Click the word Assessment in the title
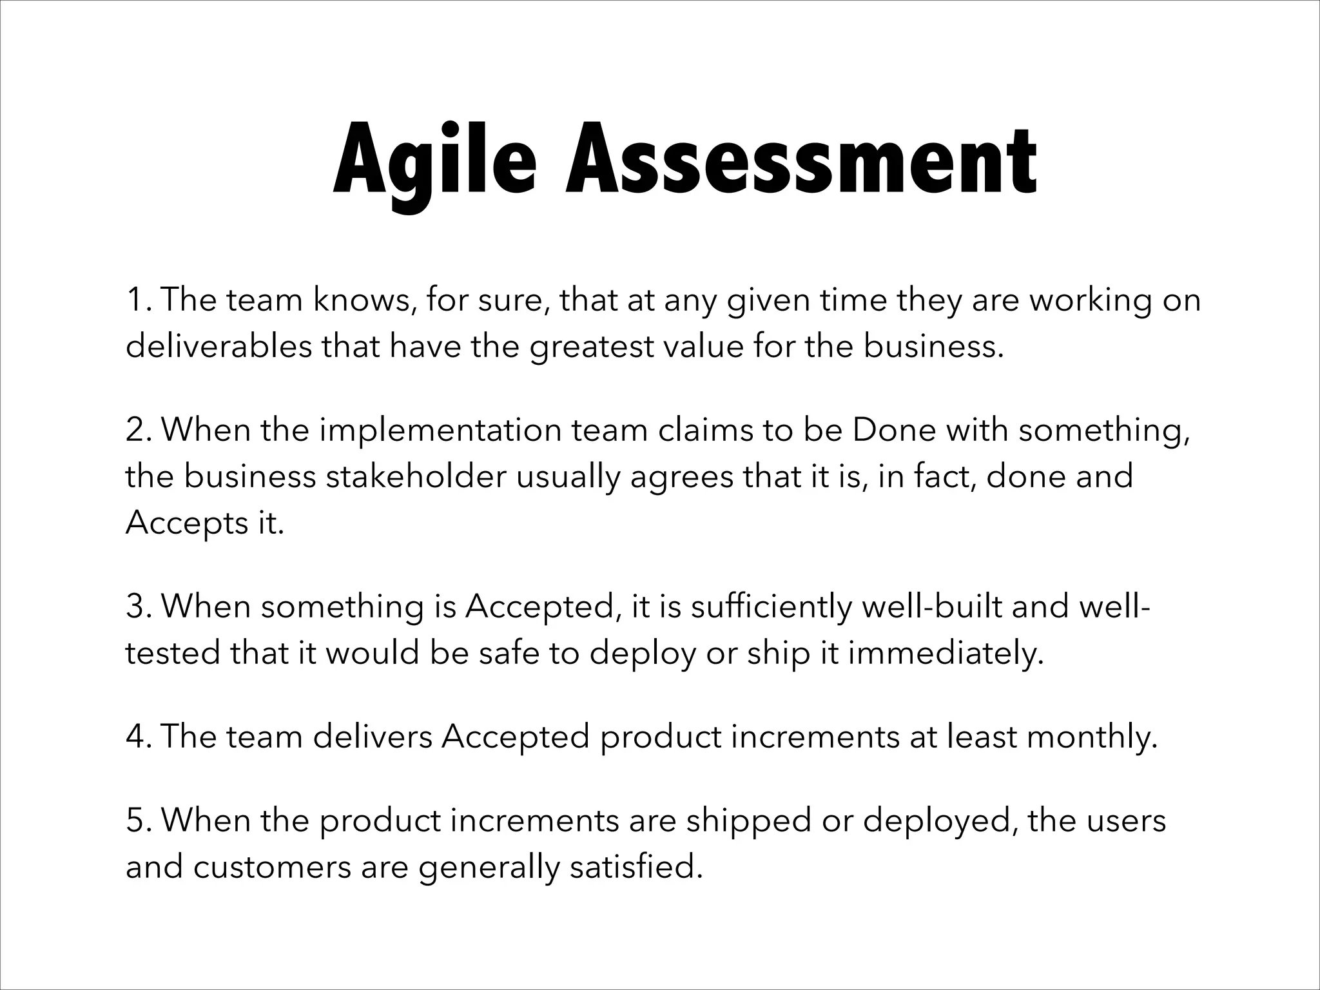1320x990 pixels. [x=801, y=159]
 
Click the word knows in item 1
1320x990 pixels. [x=362, y=300]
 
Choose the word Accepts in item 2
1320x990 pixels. [x=182, y=524]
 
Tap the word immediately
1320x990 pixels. [x=944, y=654]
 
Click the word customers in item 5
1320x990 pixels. [x=271, y=867]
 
